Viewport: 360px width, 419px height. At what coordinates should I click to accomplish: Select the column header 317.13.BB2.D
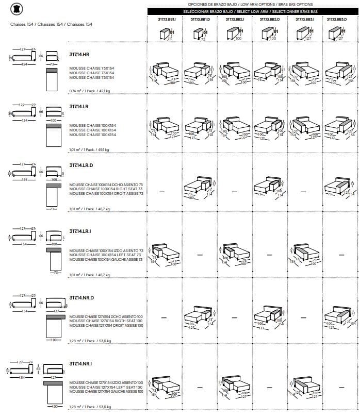click(x=270, y=19)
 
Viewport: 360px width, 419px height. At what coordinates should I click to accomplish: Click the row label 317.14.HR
click(x=79, y=54)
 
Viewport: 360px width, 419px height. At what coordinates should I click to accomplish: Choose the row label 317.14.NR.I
click(x=80, y=364)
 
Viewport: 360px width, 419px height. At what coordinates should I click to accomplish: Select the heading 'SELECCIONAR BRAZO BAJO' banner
click(x=252, y=11)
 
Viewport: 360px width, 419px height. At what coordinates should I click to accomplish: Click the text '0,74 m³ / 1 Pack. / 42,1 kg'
click(x=90, y=91)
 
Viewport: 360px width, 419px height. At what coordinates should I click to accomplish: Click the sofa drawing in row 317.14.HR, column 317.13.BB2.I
click(x=235, y=72)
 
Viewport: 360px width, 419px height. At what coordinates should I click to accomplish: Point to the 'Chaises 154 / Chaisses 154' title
click(x=51, y=24)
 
